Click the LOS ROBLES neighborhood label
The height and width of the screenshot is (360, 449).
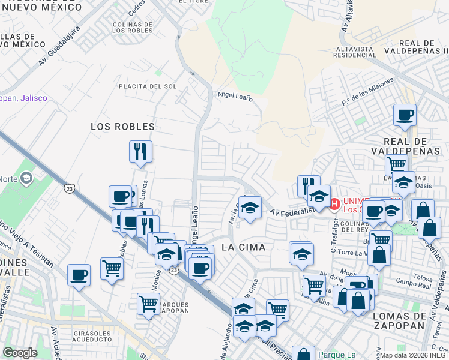pos(122,127)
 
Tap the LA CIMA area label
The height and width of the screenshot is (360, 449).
pos(243,247)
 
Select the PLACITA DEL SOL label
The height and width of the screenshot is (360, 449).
pos(148,86)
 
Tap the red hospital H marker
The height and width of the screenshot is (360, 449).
pos(334,205)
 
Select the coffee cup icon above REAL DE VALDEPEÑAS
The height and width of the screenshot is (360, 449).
pos(405,114)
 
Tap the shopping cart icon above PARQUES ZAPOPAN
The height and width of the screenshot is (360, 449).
pos(148,303)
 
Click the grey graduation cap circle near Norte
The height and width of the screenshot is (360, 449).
pos(26,178)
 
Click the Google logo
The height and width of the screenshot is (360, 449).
pos(20,353)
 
